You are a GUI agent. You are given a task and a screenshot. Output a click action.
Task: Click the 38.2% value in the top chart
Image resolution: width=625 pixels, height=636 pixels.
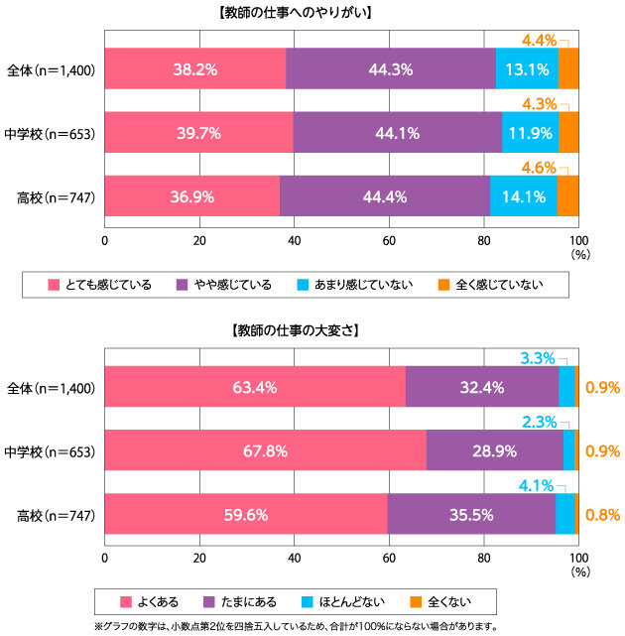coord(194,69)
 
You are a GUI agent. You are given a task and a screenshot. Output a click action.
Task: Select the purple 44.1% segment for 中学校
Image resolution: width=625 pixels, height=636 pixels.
coord(397,133)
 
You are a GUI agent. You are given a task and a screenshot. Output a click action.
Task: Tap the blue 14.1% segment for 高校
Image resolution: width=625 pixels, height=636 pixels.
coord(523,196)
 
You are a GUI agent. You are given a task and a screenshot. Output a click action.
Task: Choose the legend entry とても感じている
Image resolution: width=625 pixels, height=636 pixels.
coord(99,286)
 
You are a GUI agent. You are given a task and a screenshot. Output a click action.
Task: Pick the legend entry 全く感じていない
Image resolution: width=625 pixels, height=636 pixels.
coord(489,286)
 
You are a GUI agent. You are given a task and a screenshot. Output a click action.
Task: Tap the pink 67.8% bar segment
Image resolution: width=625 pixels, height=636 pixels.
coord(265,450)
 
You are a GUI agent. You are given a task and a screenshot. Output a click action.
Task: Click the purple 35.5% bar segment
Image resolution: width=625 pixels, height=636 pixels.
coord(470,514)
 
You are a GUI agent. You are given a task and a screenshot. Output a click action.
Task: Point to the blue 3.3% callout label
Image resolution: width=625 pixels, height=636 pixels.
coord(539,357)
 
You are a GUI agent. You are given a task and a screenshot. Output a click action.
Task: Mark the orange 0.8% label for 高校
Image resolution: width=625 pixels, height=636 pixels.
coord(602,514)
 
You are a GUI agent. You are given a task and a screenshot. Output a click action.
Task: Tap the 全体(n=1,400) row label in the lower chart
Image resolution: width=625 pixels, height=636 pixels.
coord(50,388)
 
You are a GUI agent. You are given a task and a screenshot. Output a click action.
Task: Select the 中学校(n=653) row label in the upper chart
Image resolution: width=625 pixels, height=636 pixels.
coord(50,133)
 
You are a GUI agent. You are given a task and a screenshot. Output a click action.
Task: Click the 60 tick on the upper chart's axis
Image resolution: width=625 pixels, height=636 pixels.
coord(390,240)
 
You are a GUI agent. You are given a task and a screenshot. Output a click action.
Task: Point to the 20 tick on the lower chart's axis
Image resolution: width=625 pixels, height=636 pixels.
coord(199,558)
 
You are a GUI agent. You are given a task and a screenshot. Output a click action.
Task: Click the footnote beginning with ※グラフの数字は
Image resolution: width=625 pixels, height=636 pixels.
coord(296,626)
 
